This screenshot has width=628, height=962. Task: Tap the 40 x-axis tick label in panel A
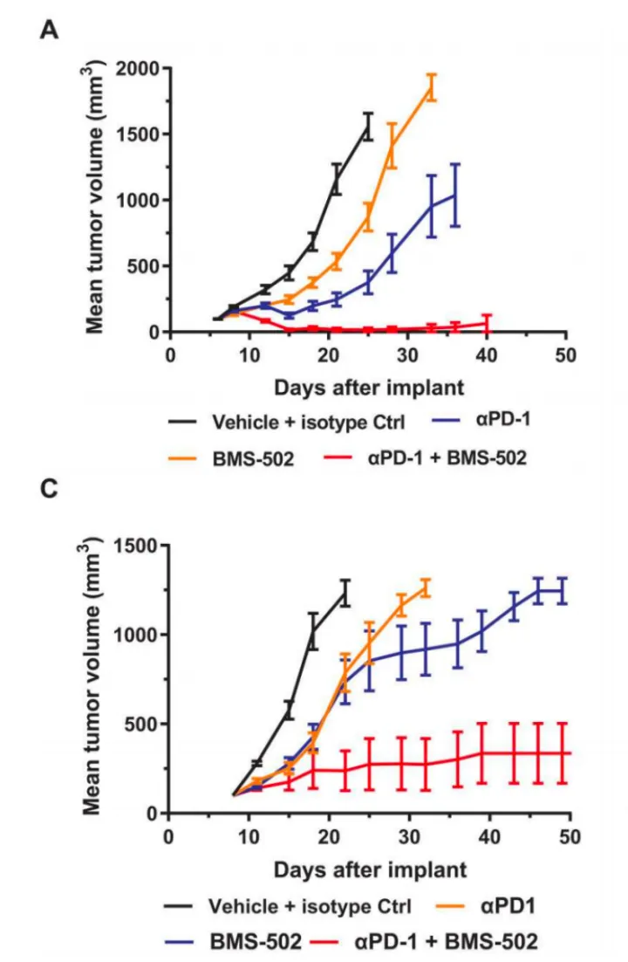pos(487,354)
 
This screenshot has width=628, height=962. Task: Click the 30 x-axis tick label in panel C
pos(409,835)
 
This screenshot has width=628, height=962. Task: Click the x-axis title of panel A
pos(370,386)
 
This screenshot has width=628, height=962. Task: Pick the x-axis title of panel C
pos(370,869)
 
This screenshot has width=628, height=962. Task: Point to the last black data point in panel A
pos(368,127)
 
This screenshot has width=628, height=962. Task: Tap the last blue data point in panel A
pos(455,195)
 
